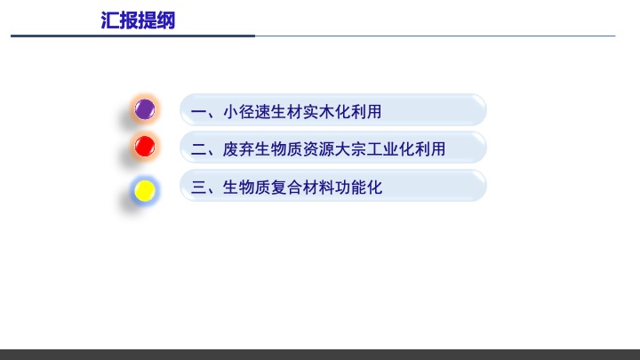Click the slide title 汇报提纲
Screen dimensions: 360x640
pos(139,20)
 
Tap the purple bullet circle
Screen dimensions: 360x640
pos(145,110)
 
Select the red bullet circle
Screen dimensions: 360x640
pos(145,146)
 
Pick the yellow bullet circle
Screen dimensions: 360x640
pos(145,189)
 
